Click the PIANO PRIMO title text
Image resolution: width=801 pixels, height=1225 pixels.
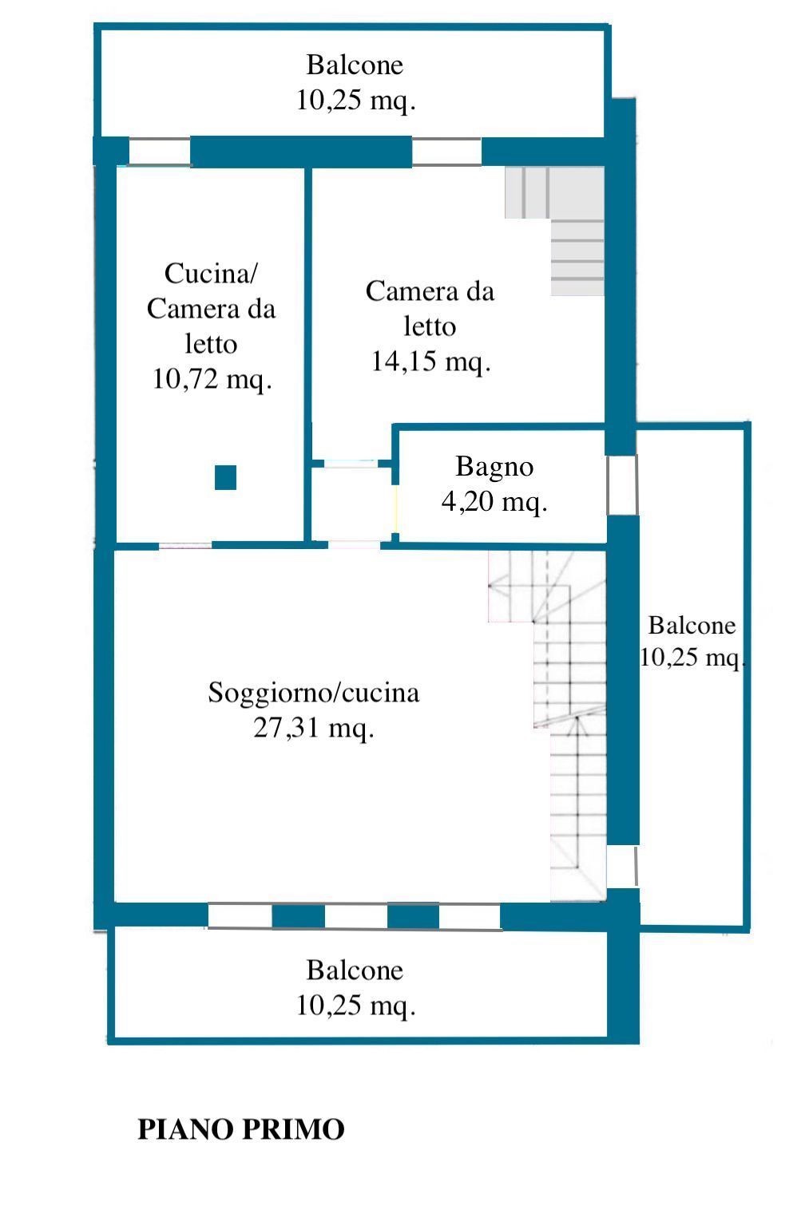240,1129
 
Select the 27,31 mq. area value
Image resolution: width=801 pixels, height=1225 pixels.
314,729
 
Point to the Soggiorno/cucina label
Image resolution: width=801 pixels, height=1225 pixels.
314,694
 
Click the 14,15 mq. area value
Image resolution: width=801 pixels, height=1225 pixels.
430,362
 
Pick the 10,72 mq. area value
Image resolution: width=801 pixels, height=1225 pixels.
212,379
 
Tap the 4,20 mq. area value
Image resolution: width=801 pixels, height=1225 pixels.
494,501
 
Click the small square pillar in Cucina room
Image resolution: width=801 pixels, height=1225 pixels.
225,477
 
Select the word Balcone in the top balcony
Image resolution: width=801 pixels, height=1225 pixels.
355,65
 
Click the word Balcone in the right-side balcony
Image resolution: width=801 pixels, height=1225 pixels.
692,625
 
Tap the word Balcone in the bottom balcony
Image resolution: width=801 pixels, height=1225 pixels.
355,970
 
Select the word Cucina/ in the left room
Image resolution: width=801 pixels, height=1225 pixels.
211,274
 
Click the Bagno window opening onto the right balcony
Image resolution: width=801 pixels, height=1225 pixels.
622,484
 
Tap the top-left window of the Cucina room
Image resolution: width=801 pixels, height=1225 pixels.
160,152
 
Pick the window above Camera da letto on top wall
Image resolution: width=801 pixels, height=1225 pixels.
446,152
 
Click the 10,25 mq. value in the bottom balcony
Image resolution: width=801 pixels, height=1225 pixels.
355,1006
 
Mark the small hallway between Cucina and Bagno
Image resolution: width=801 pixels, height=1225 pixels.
352,504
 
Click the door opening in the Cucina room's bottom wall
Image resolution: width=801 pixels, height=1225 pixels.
185,545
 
